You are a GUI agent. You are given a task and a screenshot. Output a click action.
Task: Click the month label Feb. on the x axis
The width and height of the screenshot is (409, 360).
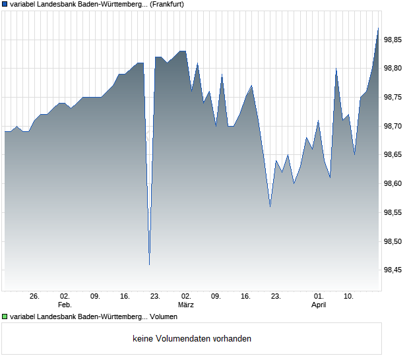pos(64,305)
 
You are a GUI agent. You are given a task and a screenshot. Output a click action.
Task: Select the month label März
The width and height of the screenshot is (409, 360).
pos(186,305)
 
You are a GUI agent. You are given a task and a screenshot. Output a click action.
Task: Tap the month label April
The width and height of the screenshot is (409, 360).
pos(319,305)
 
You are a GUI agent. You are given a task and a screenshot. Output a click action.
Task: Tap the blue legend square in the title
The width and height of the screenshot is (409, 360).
pos(5,4)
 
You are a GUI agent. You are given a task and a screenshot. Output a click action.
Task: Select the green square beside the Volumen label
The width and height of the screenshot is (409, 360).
pos(5,317)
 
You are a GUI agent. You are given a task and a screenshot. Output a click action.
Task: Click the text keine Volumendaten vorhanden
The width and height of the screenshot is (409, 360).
pos(192,339)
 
